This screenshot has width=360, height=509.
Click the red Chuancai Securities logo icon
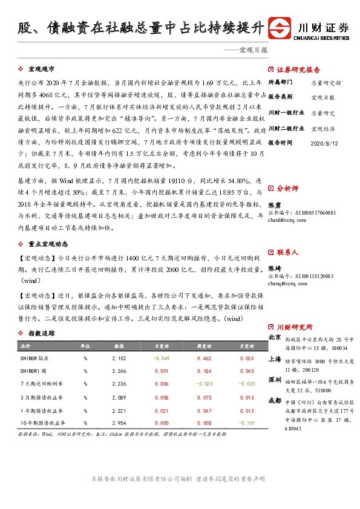click(x=280, y=28)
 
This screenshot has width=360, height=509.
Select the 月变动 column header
click(x=246, y=346)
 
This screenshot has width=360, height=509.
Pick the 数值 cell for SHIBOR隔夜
click(x=119, y=358)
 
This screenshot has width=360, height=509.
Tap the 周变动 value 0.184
click(x=203, y=371)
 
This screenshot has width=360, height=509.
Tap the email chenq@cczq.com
click(x=283, y=282)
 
